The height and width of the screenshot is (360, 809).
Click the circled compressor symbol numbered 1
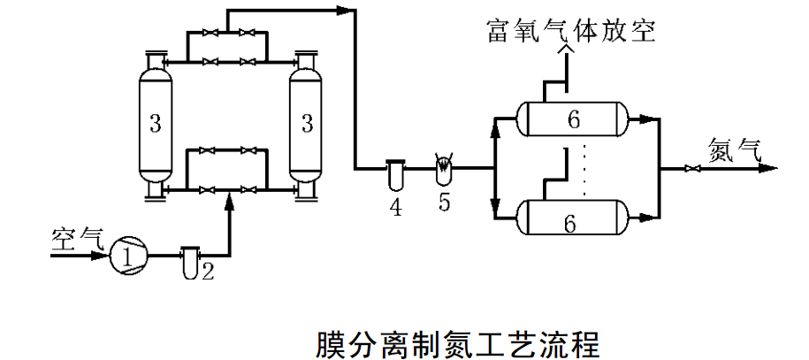click(x=126, y=256)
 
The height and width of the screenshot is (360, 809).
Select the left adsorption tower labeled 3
click(x=155, y=124)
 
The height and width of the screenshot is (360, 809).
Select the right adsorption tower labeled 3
click(x=307, y=124)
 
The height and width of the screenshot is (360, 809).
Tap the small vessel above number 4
click(x=394, y=172)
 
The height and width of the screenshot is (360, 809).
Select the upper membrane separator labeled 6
click(x=574, y=119)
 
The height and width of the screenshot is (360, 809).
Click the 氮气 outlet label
click(x=733, y=149)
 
